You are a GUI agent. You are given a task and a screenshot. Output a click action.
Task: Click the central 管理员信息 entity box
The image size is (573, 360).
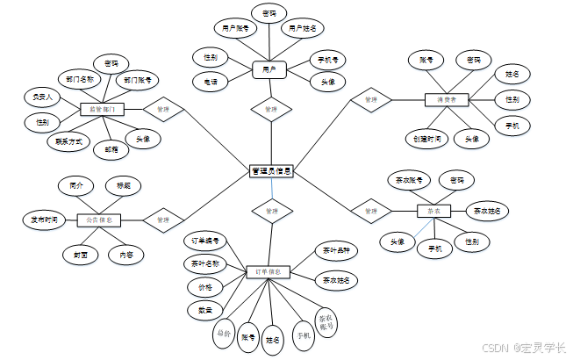[x=271, y=171]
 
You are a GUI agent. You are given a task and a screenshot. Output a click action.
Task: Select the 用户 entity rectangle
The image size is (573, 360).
[x=269, y=68]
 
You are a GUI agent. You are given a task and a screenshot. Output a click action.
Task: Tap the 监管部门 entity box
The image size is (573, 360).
[x=102, y=110]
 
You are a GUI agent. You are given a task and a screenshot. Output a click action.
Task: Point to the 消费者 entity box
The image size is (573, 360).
[x=448, y=100]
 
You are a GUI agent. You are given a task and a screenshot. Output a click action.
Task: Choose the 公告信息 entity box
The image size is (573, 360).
[x=98, y=220]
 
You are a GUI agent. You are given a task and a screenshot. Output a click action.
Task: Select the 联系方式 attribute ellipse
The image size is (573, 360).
[x=68, y=140]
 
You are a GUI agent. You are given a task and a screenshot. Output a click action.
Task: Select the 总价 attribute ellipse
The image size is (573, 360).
[x=224, y=333]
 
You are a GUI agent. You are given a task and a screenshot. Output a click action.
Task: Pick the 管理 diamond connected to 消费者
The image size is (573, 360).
[x=371, y=100]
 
